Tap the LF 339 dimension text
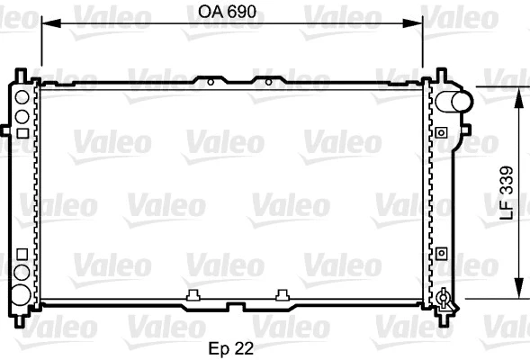[507, 192]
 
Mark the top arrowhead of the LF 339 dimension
[518, 93]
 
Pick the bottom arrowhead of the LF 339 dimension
[518, 292]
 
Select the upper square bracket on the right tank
[441, 132]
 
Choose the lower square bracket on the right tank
[441, 254]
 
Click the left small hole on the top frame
[211, 83]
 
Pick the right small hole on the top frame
[267, 83]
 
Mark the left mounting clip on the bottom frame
[193, 293]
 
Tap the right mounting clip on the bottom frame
[283, 293]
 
